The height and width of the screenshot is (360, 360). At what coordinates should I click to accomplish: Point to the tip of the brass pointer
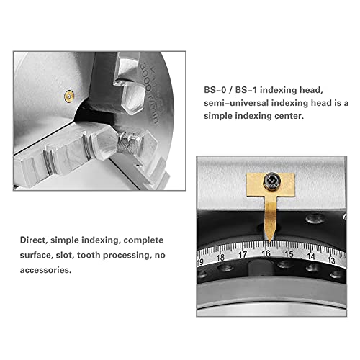267,240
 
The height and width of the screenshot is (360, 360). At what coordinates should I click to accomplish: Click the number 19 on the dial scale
202,260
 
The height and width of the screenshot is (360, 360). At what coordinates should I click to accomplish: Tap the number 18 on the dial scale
221,256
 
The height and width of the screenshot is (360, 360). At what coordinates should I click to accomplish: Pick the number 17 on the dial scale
244,254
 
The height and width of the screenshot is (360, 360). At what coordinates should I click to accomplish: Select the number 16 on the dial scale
266,254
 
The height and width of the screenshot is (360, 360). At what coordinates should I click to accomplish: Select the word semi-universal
238,104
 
